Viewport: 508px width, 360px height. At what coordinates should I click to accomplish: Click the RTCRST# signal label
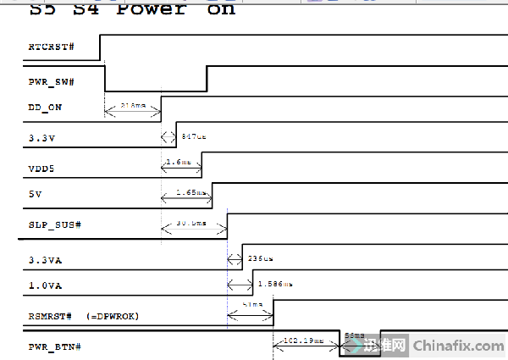pyautogui.click(x=51, y=44)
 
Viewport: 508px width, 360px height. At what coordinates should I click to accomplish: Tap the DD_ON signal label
pyautogui.click(x=45, y=108)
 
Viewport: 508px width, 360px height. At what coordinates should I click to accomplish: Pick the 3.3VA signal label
pyautogui.click(x=45, y=260)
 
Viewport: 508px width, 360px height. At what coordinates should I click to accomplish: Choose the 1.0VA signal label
pyautogui.click(x=45, y=285)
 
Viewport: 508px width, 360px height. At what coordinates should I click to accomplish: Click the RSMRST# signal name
pyautogui.click(x=52, y=316)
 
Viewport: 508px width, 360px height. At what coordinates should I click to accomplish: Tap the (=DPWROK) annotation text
pyautogui.click(x=113, y=316)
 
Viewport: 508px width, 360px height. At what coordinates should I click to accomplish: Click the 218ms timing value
pyautogui.click(x=134, y=106)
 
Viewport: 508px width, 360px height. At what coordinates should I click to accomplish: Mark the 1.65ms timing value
pyautogui.click(x=188, y=193)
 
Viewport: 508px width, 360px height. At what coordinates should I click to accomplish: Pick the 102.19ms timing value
pyautogui.click(x=305, y=341)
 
